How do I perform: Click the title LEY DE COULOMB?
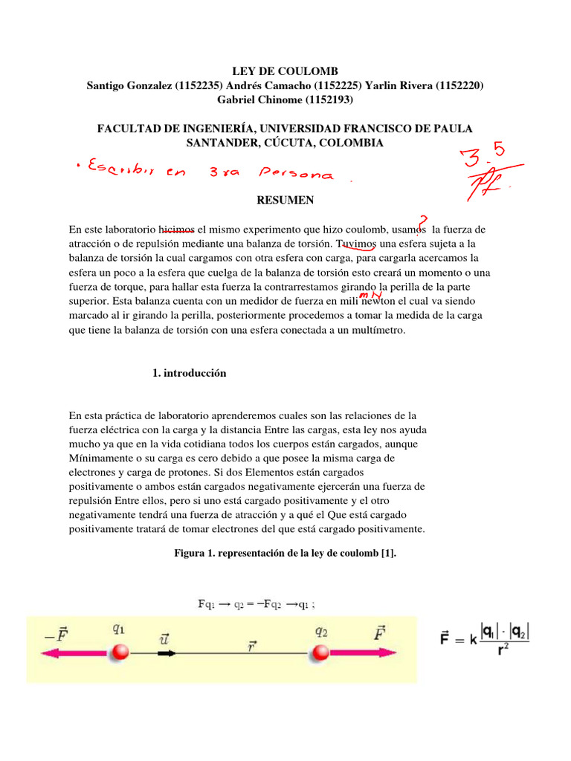(x=285, y=71)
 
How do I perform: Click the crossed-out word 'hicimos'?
(x=177, y=230)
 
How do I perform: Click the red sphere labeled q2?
(x=320, y=652)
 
